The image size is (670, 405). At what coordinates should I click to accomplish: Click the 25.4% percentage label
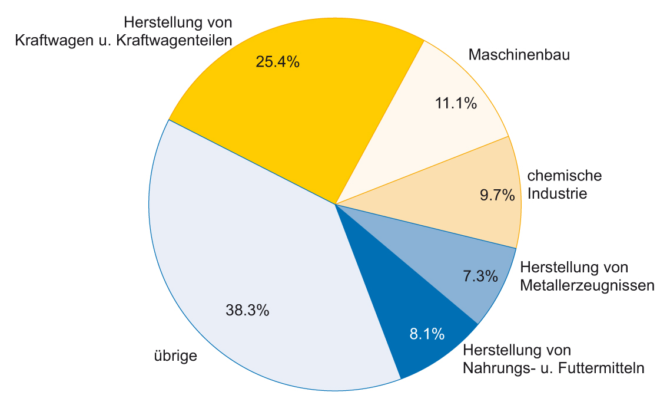pos(277,62)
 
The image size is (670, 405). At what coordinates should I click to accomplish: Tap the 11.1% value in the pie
pos(455,103)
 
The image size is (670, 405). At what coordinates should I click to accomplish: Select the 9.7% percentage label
pos(497,195)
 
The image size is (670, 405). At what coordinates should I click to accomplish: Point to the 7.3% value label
pos(478,275)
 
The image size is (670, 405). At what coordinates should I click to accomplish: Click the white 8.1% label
pos(426,334)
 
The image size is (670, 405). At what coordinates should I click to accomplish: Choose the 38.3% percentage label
pos(247,310)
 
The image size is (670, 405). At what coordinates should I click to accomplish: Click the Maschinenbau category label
pos(519,55)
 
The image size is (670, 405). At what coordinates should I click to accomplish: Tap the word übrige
pos(175,356)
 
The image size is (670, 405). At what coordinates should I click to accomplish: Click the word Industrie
pos(557,193)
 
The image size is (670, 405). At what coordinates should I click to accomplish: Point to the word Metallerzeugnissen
pos(588,286)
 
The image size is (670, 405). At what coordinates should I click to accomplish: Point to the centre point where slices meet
pos(335,204)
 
